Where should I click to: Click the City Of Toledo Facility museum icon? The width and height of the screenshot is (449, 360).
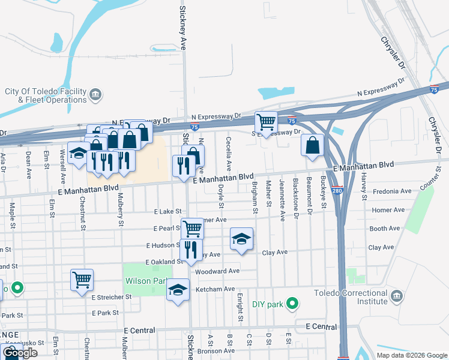tap(96, 95)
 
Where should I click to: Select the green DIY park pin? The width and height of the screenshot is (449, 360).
tap(292, 304)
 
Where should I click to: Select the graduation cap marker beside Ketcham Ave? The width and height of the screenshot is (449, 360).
tap(177, 290)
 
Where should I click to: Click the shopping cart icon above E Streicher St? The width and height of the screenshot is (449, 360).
tap(82, 280)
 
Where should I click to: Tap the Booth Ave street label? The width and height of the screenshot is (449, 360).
tap(385, 229)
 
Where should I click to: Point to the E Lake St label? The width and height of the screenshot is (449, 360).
tap(167, 212)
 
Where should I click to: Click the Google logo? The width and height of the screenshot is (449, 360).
tap(20, 353)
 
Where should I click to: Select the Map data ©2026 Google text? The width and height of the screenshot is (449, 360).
tap(411, 355)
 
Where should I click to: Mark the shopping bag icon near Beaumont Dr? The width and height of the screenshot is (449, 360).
tap(313, 145)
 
